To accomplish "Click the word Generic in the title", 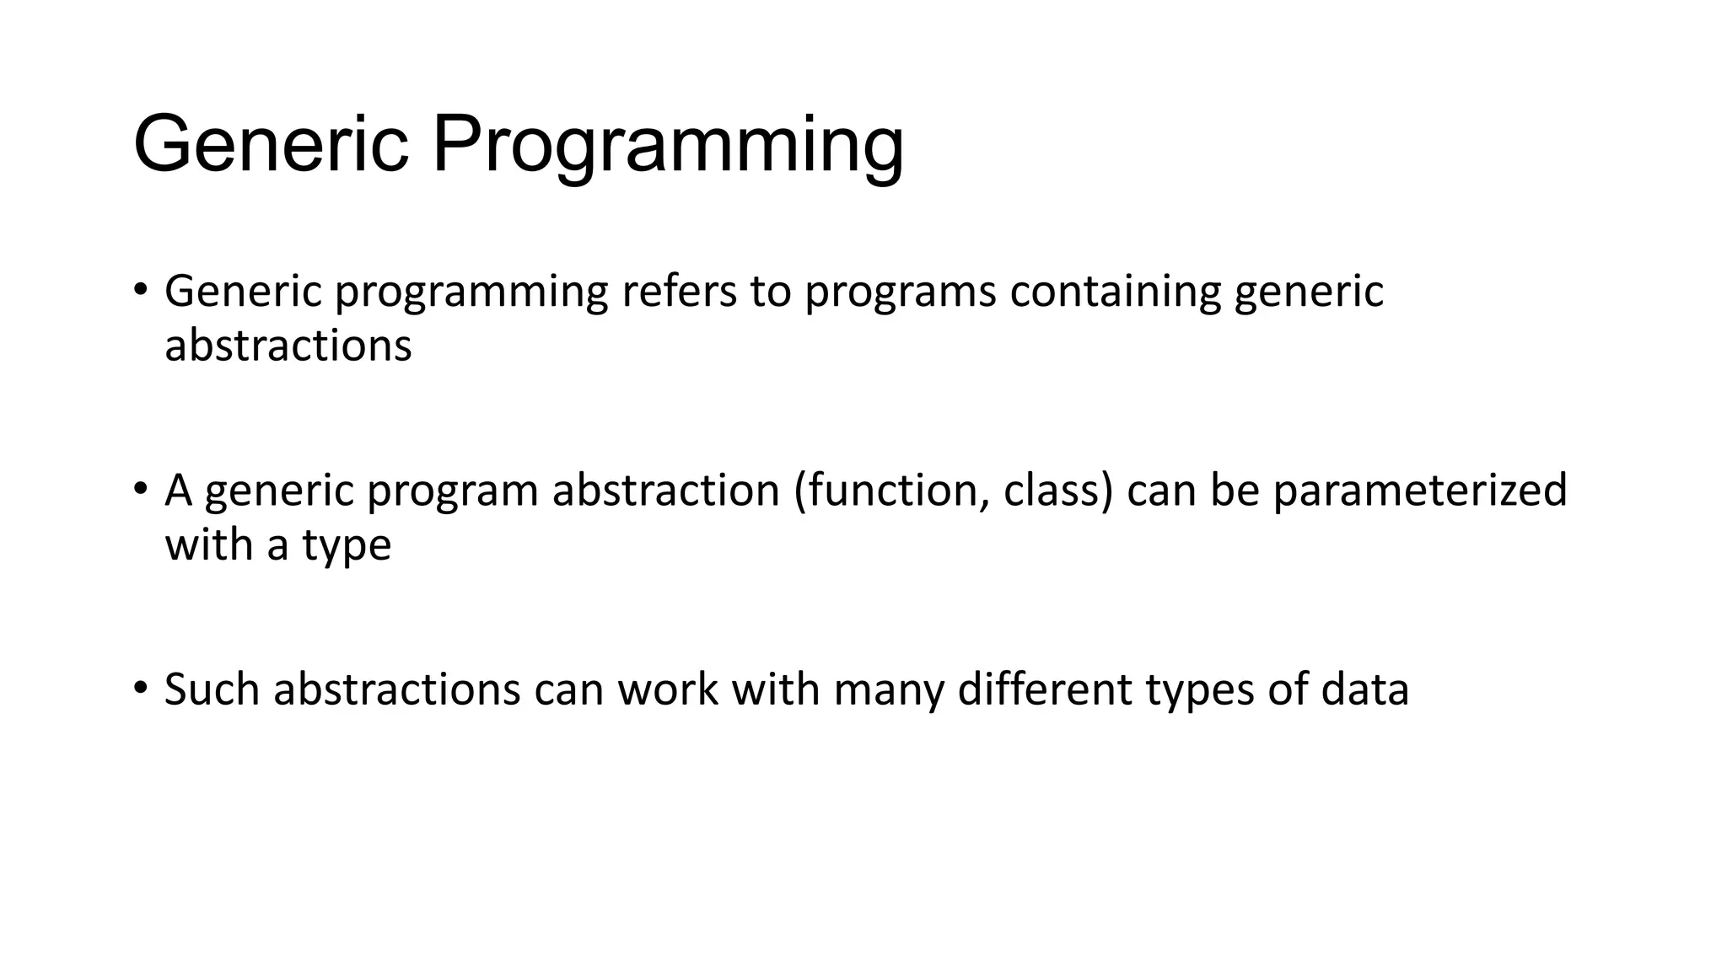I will (271, 145).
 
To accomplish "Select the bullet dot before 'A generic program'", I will (140, 490).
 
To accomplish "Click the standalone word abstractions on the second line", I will (288, 346).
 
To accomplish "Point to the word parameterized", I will (1419, 491).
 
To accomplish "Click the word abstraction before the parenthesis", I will (665, 490).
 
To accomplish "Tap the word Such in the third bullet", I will (212, 689).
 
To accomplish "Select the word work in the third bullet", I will (667, 689).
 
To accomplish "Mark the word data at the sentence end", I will (1364, 689).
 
